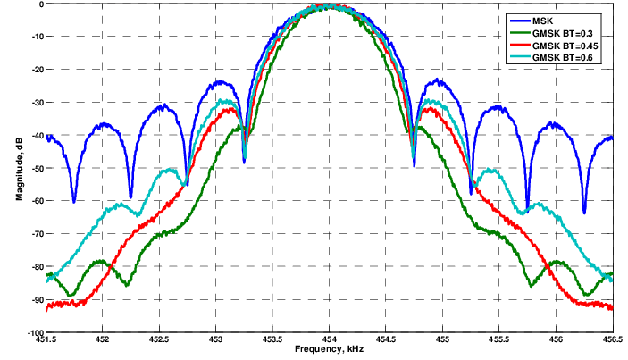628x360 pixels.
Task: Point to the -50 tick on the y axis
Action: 35,168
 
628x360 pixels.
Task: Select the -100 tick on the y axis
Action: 33,332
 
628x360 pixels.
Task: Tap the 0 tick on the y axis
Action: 40,4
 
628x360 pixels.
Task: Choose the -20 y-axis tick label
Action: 35,70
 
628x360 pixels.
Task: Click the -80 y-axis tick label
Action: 35,267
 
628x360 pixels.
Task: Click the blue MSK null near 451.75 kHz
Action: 74,201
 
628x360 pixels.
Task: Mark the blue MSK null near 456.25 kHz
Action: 584,213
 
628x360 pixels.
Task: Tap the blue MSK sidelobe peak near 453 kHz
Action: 218,82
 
